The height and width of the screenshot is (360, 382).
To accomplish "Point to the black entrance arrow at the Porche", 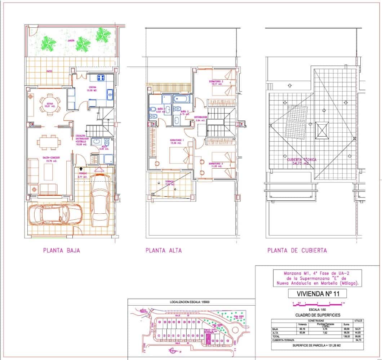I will tap(81, 168).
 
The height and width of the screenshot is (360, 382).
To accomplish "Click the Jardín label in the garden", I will tap(71, 41).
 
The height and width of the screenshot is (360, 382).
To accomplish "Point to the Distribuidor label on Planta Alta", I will tap(200, 117).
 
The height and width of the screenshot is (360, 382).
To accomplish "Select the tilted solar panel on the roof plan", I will tap(297, 122).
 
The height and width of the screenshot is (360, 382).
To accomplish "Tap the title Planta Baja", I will tap(61, 250).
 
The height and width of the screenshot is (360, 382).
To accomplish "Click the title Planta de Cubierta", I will tap(297, 250).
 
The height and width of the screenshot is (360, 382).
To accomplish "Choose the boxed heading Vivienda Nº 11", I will tap(314, 294).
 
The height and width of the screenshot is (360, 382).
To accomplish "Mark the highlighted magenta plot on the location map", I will tap(208, 339).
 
